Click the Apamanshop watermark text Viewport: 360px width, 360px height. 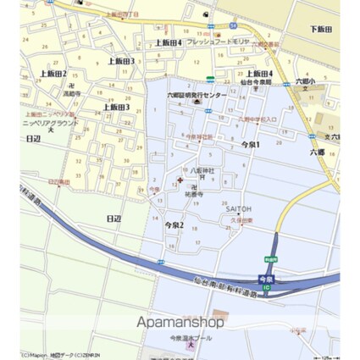(x=180, y=322)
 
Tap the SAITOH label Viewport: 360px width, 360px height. (x=237, y=206)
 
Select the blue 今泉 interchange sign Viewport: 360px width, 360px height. (x=266, y=277)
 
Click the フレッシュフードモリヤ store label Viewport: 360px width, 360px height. (x=219, y=42)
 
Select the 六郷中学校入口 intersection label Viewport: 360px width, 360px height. (x=257, y=119)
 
